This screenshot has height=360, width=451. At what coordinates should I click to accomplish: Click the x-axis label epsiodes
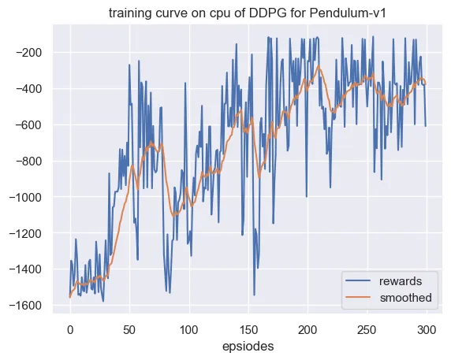(x=248, y=347)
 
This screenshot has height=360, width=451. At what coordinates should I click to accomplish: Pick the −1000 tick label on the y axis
(x=25, y=197)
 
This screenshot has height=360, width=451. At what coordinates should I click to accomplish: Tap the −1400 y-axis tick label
(x=25, y=269)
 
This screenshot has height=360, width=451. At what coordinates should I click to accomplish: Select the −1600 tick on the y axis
(x=25, y=306)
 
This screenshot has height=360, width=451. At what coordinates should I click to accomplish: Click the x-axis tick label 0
(x=70, y=330)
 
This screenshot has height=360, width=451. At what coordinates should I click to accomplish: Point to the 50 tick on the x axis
(x=129, y=330)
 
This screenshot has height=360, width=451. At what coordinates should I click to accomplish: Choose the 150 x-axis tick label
(x=248, y=330)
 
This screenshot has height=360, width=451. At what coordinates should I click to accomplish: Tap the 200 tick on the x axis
(x=307, y=330)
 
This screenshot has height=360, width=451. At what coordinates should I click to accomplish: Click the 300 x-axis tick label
(x=427, y=330)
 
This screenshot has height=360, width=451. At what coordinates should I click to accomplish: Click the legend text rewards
(x=401, y=281)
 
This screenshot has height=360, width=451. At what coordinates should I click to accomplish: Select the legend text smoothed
(x=405, y=298)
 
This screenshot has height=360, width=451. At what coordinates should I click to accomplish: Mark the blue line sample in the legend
(x=358, y=280)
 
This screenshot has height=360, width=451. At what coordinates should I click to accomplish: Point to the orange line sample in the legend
(x=358, y=297)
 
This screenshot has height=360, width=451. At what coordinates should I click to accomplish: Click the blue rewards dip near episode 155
(x=254, y=295)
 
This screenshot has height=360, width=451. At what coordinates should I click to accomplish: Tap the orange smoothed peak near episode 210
(x=319, y=66)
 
